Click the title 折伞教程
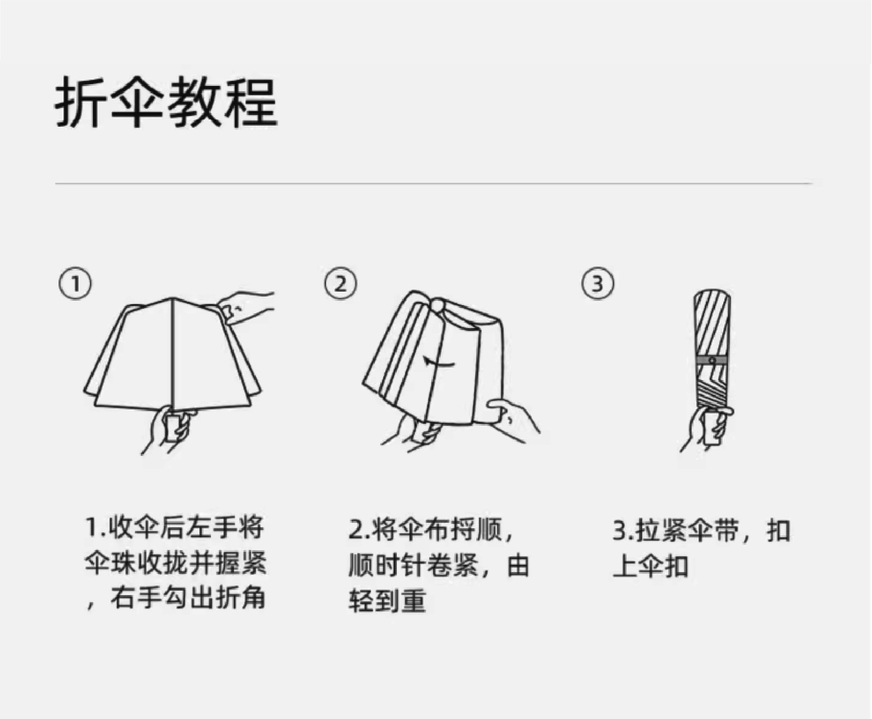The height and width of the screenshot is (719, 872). point(166,102)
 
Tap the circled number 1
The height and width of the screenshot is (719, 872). point(75,284)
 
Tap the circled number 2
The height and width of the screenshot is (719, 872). point(340,284)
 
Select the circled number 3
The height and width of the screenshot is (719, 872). point(597,284)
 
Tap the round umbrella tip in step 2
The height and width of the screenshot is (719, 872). point(437,306)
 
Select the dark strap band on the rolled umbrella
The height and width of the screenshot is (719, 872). point(713,359)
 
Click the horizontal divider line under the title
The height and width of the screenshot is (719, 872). point(433,183)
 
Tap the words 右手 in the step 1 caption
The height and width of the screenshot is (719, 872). point(135,598)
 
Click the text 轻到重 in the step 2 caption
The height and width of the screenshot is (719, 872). point(387,600)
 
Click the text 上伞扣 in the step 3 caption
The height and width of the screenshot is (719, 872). point(650,565)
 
